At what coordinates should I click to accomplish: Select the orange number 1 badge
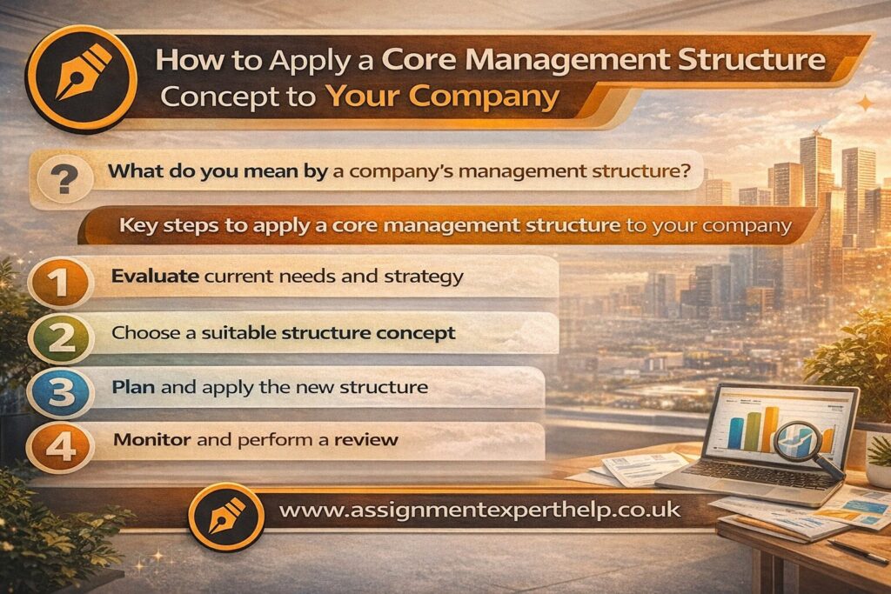(x=57, y=281)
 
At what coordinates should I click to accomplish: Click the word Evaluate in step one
(x=146, y=277)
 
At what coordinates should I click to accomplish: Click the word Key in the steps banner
(x=140, y=227)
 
